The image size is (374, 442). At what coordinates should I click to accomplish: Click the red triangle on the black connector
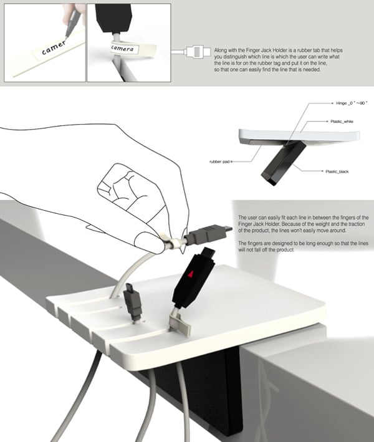click(191, 273)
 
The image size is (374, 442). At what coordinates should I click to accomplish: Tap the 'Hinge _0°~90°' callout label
click(352, 103)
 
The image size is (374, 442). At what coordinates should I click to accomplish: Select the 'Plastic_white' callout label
click(342, 122)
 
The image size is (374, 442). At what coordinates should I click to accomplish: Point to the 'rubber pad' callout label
click(219, 162)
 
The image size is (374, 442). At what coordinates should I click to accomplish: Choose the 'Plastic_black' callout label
click(337, 171)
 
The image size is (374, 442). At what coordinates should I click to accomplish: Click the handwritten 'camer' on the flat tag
click(54, 48)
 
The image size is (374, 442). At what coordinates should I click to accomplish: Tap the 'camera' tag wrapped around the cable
click(122, 49)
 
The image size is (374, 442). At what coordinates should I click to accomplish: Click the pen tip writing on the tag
click(67, 37)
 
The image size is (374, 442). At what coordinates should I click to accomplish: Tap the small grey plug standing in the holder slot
click(133, 302)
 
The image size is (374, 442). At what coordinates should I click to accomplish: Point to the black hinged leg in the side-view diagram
click(283, 163)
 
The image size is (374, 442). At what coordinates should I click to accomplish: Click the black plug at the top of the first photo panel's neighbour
click(113, 17)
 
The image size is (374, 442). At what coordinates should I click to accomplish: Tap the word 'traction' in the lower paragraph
click(357, 224)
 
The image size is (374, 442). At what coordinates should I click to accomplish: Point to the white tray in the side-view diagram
click(299, 137)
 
